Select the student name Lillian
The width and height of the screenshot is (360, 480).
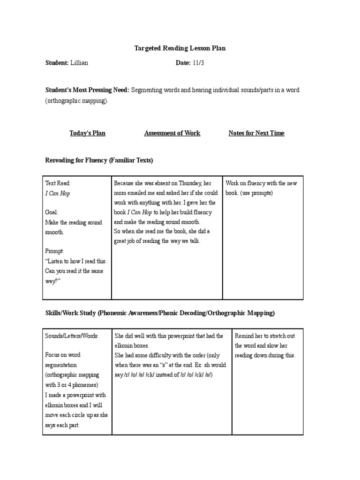pos(80,63)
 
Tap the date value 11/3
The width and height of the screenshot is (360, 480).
pos(198,63)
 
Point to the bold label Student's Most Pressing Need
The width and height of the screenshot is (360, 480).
pos(87,90)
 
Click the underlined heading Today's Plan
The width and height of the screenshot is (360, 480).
pos(88,133)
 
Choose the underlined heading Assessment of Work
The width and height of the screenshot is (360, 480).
pos(172,133)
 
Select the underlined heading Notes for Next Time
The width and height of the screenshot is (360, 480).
pos(256,133)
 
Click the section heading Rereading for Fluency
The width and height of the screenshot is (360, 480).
pos(99,160)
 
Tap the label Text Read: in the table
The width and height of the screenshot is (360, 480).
pos(58,183)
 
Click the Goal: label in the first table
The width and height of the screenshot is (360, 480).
pos(52,212)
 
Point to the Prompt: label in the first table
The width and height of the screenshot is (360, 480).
pos(54,251)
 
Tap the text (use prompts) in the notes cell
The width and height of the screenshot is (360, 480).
pos(257,193)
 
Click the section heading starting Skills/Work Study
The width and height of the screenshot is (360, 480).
pos(160,313)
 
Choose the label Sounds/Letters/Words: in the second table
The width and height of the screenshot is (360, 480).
pos(72,336)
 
